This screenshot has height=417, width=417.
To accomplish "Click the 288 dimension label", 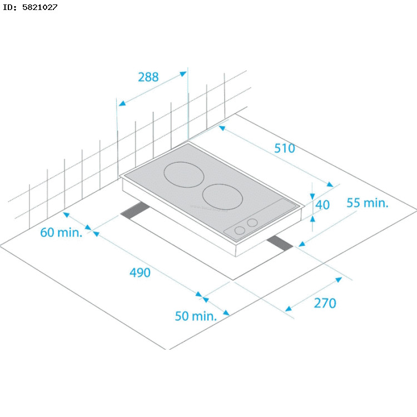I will [x=148, y=77].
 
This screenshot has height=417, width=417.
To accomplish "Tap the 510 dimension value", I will [x=284, y=148].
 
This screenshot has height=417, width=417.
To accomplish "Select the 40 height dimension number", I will [x=322, y=205].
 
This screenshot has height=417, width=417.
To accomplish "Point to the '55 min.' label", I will [x=368, y=202].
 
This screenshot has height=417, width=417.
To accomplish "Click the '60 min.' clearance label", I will [x=61, y=232].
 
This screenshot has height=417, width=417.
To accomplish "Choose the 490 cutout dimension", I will [x=140, y=272].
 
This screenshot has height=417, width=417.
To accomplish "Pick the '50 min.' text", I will [x=195, y=316].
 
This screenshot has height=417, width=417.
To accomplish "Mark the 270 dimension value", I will [x=325, y=303].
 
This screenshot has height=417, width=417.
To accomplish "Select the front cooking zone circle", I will [x=224, y=196].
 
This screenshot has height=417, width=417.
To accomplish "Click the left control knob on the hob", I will [x=240, y=230].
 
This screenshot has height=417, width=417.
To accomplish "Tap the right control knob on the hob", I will [x=252, y=223].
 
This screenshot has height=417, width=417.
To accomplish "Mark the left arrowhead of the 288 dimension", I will [x=121, y=103].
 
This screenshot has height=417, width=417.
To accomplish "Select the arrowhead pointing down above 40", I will [x=312, y=196].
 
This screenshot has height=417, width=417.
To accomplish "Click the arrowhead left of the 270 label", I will [x=288, y=309].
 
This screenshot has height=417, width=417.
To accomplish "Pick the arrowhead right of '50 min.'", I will [x=226, y=313].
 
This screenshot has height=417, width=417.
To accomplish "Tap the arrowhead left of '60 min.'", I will [x=66, y=214].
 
